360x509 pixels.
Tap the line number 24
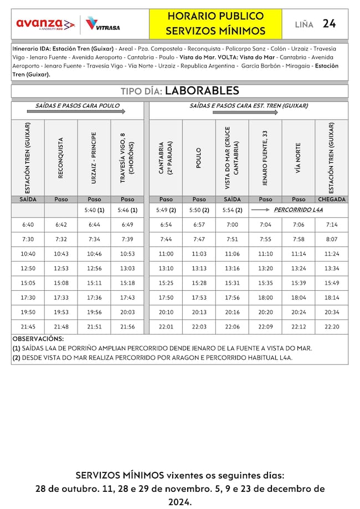[x=329, y=23]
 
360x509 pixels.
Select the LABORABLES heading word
[x=202, y=90]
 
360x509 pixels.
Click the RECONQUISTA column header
[x=61, y=158]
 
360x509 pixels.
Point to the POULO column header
[x=199, y=158]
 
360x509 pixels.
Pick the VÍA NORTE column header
[x=299, y=158]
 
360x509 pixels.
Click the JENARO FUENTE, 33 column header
[x=265, y=158]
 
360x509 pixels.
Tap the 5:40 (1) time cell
[x=94, y=210]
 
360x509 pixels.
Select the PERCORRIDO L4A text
[x=298, y=210]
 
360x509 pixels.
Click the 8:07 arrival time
[x=332, y=239]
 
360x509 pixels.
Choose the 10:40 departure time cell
[x=28, y=254]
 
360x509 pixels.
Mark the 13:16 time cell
[x=232, y=269]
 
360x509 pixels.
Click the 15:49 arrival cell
[x=332, y=283]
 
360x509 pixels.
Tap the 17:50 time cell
[x=166, y=297]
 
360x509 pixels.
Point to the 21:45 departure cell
[x=28, y=327]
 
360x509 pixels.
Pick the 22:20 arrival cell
[x=332, y=327]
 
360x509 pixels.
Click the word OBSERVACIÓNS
[x=38, y=338]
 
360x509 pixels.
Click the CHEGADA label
[x=332, y=199]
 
